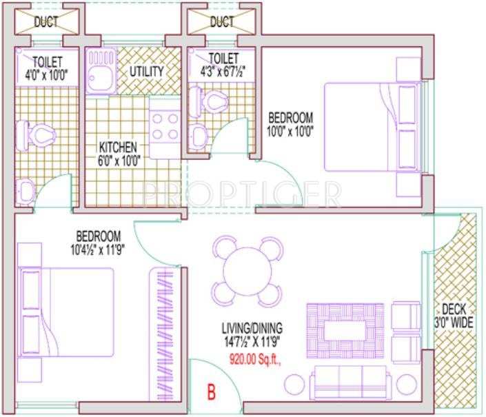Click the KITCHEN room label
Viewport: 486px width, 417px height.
click(117, 148)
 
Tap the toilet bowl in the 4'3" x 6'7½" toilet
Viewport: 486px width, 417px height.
click(214, 102)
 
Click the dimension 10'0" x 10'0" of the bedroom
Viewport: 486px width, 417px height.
click(290, 130)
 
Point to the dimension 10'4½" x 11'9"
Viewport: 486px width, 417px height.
click(99, 248)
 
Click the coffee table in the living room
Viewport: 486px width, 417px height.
click(345, 329)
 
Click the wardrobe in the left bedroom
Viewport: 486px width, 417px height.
click(165, 314)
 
